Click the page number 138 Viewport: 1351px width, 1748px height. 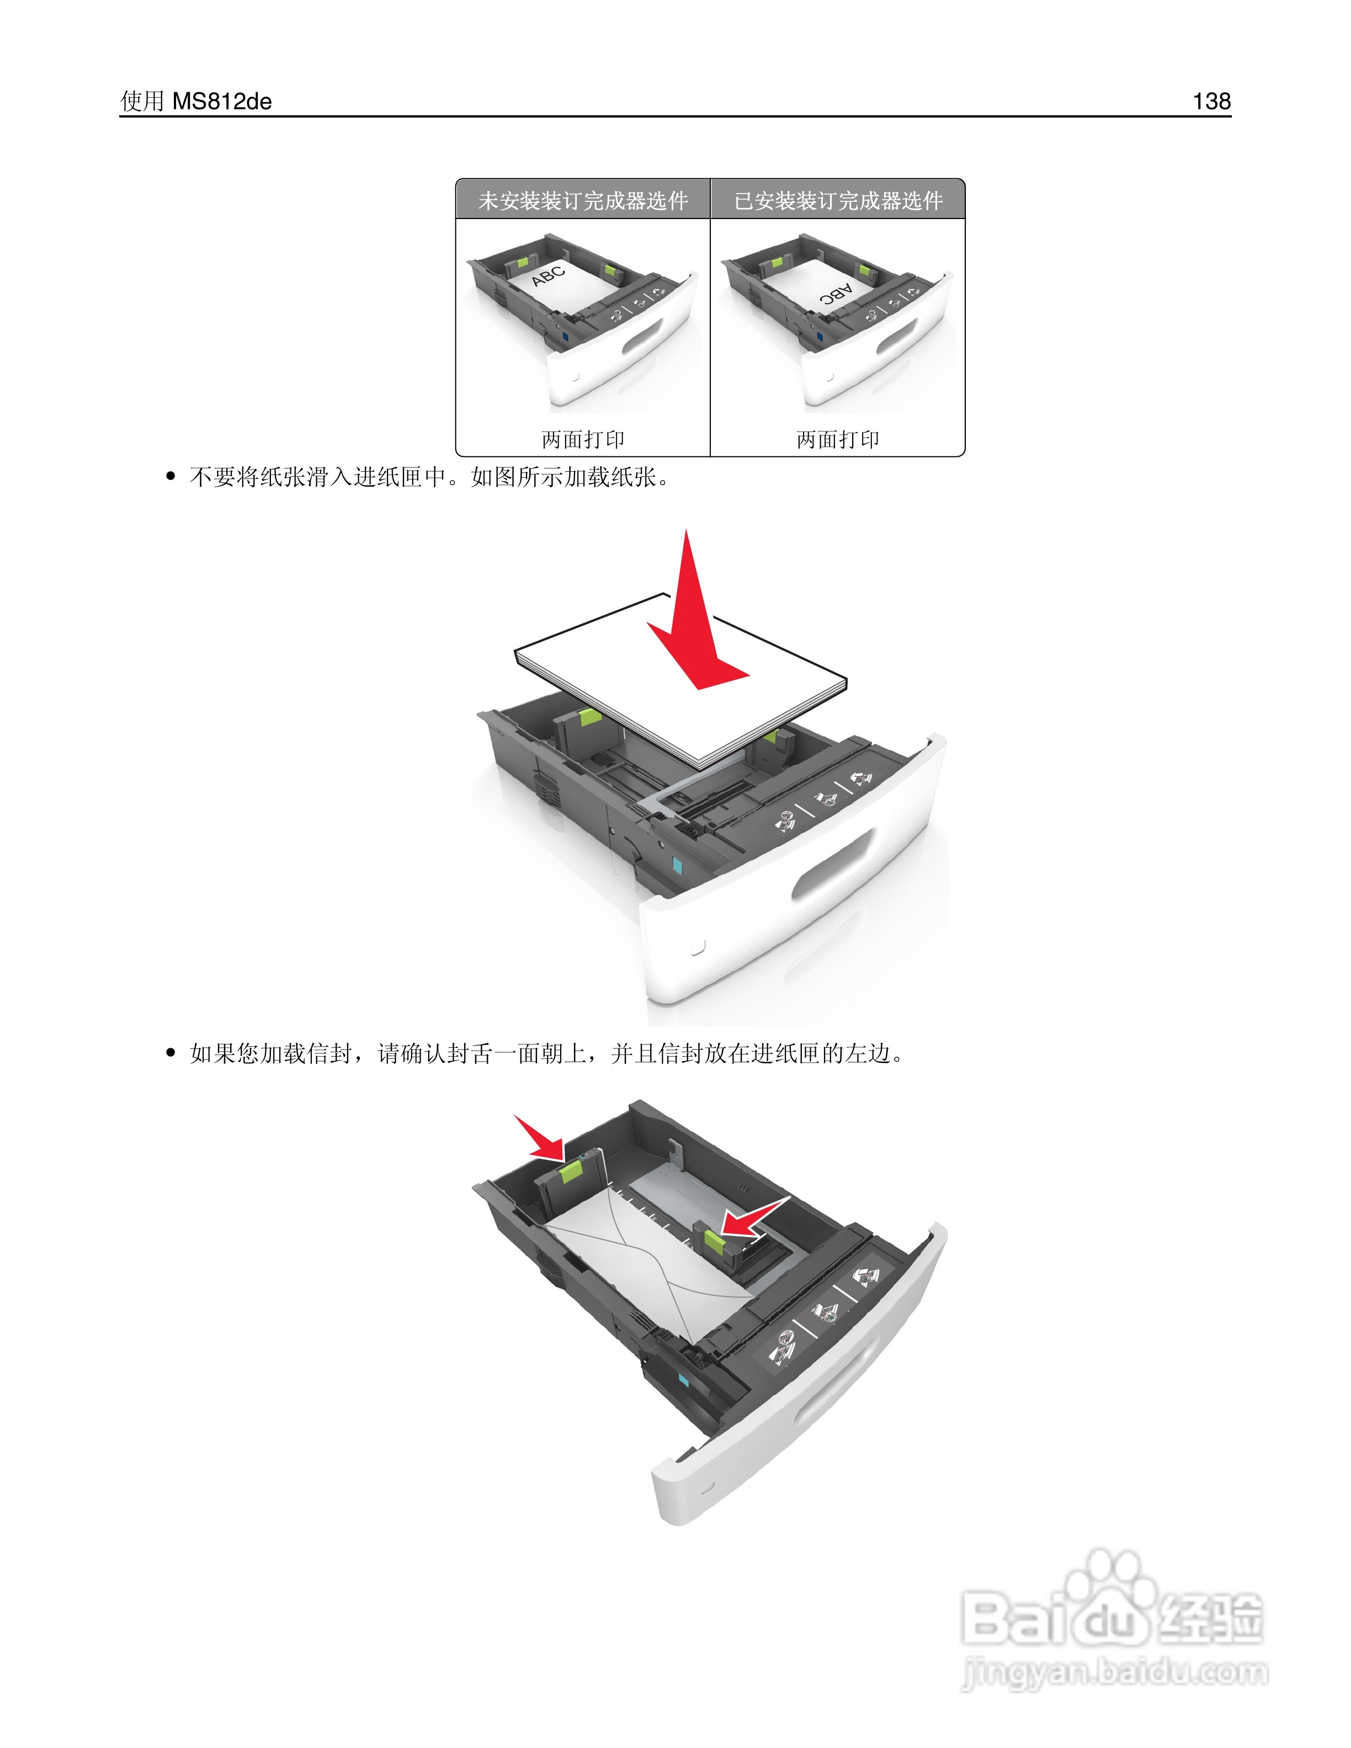[x=1211, y=101]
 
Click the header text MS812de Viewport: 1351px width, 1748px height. [x=222, y=102]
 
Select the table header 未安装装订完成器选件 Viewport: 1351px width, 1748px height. [x=583, y=200]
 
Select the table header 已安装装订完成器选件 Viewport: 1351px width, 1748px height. [x=838, y=200]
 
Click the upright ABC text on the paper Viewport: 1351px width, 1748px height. [x=549, y=275]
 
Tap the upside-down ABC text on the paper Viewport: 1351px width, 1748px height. [x=836, y=295]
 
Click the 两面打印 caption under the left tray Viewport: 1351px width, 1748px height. [x=583, y=439]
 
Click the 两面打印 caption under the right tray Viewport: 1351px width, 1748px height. [x=837, y=439]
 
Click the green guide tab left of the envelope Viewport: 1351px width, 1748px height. [x=571, y=1173]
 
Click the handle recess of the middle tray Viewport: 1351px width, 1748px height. [x=832, y=865]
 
